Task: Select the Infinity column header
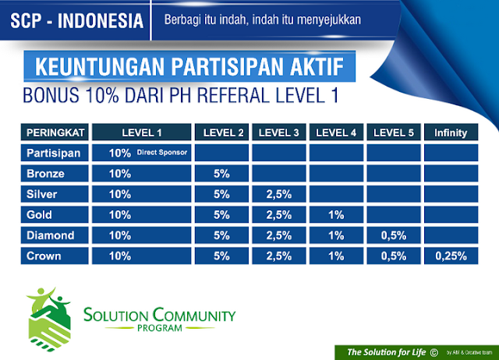451,132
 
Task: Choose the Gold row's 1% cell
335,214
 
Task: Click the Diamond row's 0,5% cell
393,235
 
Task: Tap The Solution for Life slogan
388,352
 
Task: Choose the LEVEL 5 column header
393,132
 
